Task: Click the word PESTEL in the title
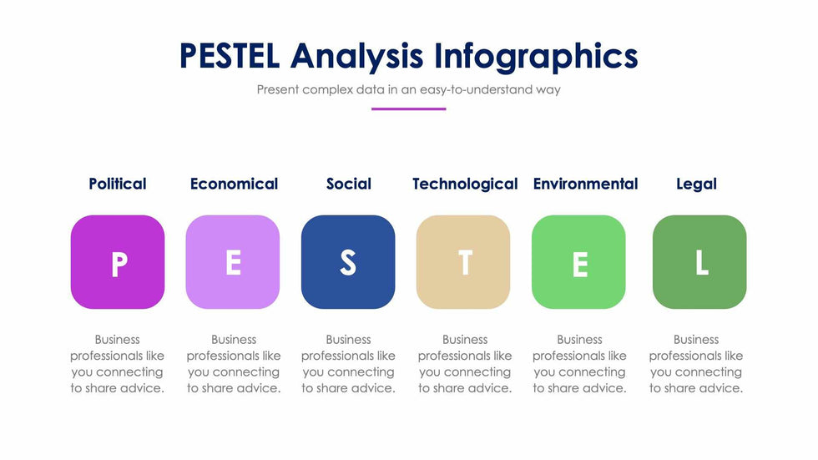[230, 56]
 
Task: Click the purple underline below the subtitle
[408, 109]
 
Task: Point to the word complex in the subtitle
[327, 89]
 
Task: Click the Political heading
[118, 184]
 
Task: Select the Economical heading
[234, 184]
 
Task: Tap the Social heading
[349, 184]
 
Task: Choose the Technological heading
[465, 185]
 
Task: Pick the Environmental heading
[585, 184]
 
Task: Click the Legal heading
[696, 185]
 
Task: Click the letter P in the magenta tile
[119, 264]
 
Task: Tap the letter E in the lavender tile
[233, 262]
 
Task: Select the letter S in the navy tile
[348, 262]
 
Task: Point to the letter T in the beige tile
[466, 262]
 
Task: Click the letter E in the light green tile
[580, 265]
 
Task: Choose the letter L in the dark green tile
[702, 262]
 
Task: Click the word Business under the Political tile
[118, 340]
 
